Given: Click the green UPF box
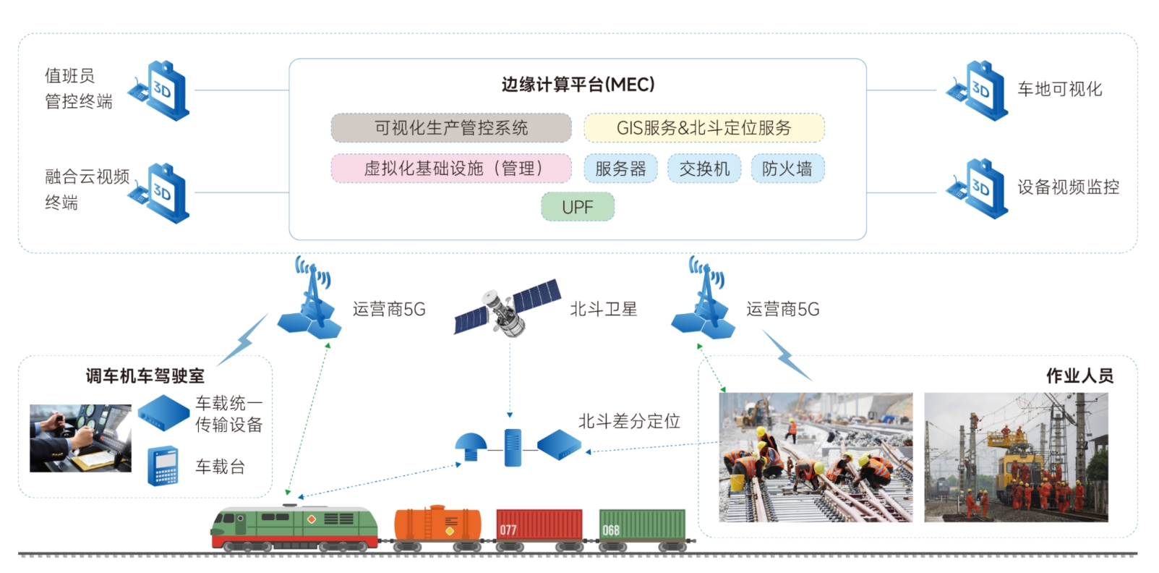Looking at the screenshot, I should click(x=578, y=207).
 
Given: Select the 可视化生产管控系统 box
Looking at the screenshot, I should click(x=451, y=128).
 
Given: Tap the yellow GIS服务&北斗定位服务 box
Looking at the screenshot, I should click(x=703, y=128).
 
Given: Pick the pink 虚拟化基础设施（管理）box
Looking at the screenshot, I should click(x=451, y=169).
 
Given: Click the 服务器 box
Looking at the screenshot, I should click(x=620, y=169).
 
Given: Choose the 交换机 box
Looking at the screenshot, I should click(x=704, y=169).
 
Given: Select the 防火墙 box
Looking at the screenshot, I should click(x=787, y=169).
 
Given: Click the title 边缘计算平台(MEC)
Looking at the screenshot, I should click(x=578, y=85).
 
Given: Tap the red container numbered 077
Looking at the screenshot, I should click(x=539, y=525).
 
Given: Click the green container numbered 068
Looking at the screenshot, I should click(x=642, y=525).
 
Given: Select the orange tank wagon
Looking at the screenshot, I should click(x=437, y=525).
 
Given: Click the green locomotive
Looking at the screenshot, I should click(x=294, y=527).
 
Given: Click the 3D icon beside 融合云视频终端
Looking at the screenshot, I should click(x=161, y=192).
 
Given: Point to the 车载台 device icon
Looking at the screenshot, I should click(x=163, y=466).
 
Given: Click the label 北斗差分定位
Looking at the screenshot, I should click(x=629, y=421).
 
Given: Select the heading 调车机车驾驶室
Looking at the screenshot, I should click(x=145, y=375).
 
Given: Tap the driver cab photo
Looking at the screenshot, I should click(x=80, y=438).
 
